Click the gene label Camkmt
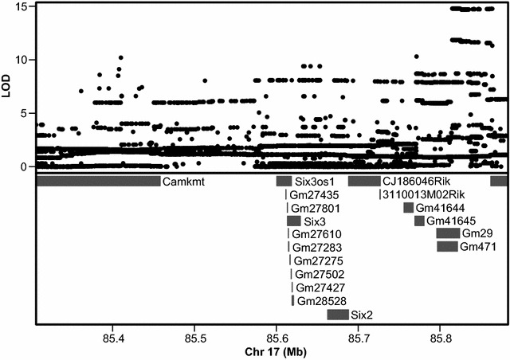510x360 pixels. (183, 182)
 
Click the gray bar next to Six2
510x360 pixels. (338, 315)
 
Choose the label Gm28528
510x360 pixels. (322, 301)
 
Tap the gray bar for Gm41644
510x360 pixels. (409, 208)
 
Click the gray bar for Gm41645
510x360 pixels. (419, 221)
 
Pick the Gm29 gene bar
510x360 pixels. (448, 233)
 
